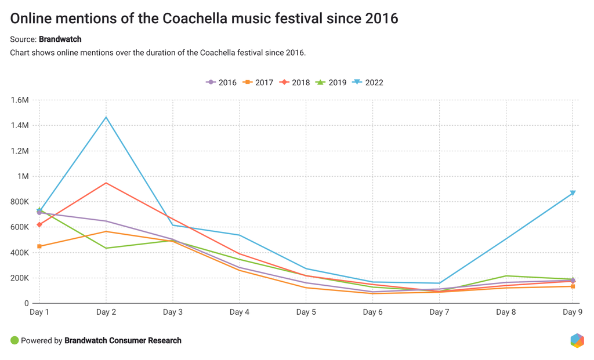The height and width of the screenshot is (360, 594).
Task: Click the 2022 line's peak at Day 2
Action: click(106, 118)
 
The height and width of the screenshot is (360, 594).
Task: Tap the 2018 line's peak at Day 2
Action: click(106, 183)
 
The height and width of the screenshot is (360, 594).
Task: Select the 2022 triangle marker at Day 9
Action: click(573, 193)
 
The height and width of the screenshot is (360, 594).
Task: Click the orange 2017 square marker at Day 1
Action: click(39, 246)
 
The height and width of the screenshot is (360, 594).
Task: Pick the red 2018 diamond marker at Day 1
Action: click(39, 224)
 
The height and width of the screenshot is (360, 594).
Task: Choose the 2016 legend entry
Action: click(222, 82)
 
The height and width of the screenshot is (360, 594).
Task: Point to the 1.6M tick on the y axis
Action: click(20, 100)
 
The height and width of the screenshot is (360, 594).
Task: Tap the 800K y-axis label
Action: click(20, 202)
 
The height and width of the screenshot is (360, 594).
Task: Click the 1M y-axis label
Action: click(23, 176)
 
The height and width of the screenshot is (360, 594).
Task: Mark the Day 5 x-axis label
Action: click(306, 312)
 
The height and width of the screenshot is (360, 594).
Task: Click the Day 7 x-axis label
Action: click(440, 312)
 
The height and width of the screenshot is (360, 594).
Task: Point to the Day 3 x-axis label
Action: click(173, 312)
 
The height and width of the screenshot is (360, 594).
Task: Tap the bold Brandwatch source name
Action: click(60, 39)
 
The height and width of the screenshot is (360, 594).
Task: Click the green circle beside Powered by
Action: click(15, 341)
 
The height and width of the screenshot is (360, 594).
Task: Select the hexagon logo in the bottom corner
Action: click(577, 340)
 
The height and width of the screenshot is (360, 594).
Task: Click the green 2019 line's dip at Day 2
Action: click(106, 248)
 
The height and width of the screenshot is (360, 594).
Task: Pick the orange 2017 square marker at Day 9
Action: click(573, 286)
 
